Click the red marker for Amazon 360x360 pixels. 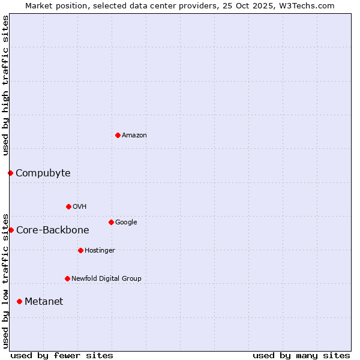(118, 135)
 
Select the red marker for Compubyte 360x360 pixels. (10, 173)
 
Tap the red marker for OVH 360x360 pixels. (68, 206)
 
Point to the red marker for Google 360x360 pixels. (111, 222)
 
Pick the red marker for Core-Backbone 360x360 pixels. (11, 230)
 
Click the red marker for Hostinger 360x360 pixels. (80, 250)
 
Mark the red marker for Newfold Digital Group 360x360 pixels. (67, 278)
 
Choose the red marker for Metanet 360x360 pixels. (19, 301)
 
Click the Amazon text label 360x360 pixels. (134, 136)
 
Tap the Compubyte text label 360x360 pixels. (43, 173)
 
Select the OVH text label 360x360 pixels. (80, 207)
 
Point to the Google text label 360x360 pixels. (126, 223)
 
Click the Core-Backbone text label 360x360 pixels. (53, 230)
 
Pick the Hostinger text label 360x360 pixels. (100, 251)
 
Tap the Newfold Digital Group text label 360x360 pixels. (106, 279)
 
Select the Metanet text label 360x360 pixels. (44, 302)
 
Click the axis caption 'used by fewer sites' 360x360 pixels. (62, 355)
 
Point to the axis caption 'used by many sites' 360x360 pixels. (301, 355)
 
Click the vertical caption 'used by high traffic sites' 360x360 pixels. (5, 85)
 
